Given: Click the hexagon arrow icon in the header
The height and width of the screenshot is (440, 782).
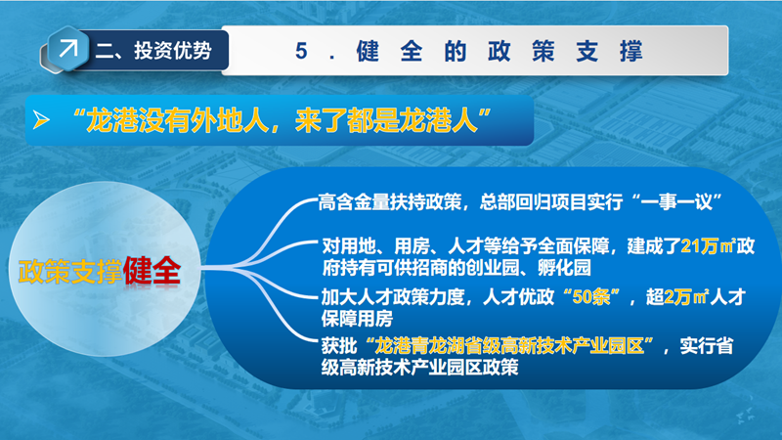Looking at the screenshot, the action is coord(68,49).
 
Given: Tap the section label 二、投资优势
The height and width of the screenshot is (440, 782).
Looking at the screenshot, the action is coord(153,51).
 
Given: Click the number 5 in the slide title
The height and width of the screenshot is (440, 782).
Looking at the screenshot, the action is coord(301,51).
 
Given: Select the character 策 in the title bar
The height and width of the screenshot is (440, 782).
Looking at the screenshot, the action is coord(543,51).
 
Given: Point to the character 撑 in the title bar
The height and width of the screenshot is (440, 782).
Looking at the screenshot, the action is coord(630,51).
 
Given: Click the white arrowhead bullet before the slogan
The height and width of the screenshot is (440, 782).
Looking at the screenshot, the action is coord(41,119).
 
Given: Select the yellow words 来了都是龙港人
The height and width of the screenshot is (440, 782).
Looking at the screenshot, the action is coord(386,120).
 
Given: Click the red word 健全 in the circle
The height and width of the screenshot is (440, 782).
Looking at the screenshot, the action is coord(152,271).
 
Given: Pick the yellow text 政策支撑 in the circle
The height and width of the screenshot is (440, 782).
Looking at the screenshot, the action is coord(70,272).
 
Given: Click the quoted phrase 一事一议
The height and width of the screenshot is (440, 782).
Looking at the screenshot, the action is coord(676,202).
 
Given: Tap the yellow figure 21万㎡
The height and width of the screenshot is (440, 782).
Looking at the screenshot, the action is coord(708,246).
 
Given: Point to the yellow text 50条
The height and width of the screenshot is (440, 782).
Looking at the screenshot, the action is coord(591,297).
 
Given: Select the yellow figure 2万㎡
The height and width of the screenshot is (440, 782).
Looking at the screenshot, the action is coord(686,297).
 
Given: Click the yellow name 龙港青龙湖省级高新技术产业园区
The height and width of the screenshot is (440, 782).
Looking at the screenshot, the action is coord(509,345).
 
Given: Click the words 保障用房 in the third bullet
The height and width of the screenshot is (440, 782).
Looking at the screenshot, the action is coord(357,319).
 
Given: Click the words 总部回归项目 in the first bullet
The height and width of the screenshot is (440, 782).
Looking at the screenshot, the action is coord(533,202).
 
